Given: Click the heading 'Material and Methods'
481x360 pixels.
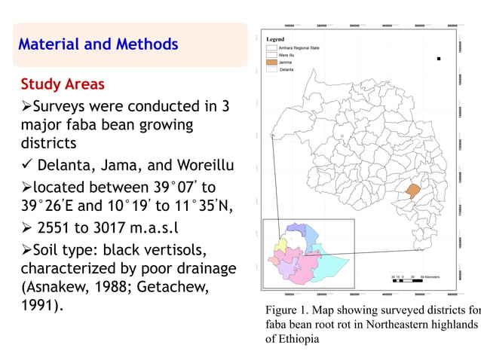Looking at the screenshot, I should tap(98, 44).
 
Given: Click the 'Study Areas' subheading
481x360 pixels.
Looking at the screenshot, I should tap(63, 84).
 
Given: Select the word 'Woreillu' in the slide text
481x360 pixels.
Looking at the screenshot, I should tap(205, 165).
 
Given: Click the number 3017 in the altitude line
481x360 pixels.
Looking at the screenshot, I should tap(125, 228).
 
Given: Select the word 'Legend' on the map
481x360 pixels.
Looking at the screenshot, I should tap(274, 38).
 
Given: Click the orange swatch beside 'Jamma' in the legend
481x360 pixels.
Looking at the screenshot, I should tap(271, 62).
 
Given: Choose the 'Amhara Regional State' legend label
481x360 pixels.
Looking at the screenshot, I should tap(299, 47).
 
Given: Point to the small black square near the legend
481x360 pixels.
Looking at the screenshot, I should tap(438, 58).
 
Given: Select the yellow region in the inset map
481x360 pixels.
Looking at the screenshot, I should tap(281, 245).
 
